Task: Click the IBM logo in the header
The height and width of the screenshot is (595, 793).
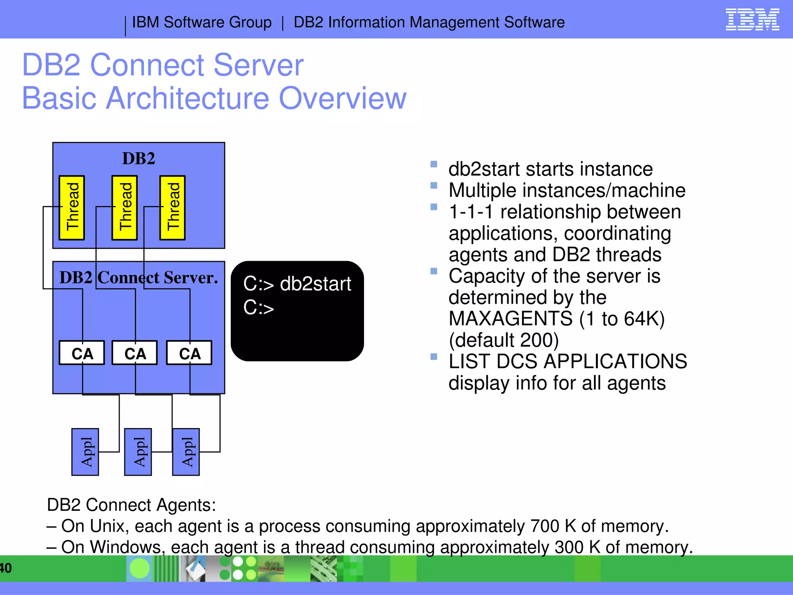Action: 752,20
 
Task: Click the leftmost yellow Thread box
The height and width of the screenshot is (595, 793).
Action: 72,208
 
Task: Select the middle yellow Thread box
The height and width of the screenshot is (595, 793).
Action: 125,208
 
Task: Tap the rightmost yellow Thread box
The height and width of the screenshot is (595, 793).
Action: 173,208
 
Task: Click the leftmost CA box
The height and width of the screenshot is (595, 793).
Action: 82,353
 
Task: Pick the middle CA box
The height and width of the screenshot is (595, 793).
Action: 135,353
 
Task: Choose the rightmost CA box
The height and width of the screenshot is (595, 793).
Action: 189,353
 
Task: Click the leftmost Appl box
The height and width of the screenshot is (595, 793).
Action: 85,452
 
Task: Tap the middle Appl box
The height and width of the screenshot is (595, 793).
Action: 138,452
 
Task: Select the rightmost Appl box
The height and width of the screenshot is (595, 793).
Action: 186,452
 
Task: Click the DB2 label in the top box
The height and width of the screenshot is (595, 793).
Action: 139,158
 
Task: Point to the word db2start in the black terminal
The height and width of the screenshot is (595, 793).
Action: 315,284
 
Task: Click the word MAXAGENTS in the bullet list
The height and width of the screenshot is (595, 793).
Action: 510,319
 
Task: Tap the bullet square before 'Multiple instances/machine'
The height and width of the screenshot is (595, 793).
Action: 434,186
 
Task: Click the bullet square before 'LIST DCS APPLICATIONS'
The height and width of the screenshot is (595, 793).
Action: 434,356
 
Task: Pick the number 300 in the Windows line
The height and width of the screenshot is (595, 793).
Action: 568,547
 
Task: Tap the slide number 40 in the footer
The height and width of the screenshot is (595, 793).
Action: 5,568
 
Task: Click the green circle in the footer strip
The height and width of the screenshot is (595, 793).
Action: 139,568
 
